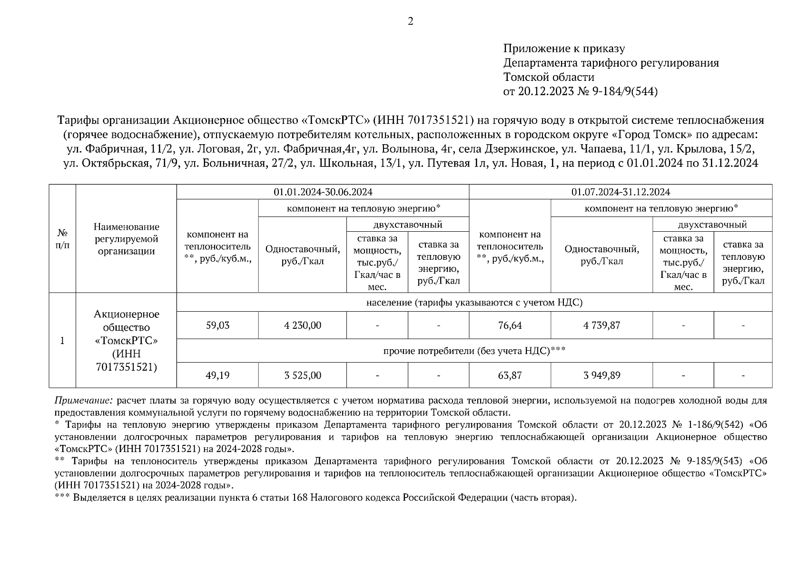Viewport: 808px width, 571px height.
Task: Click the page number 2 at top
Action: point(410,21)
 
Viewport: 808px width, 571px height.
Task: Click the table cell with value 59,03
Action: point(217,325)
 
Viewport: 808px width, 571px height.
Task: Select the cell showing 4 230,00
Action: point(303,325)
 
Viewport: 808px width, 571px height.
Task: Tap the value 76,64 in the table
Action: point(510,325)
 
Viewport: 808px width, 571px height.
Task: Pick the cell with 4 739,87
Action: point(601,325)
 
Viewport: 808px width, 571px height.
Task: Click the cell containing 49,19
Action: point(217,375)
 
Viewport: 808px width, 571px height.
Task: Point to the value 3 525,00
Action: point(303,375)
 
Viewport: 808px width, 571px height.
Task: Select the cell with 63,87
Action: point(510,375)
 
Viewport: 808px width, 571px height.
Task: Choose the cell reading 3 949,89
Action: point(601,375)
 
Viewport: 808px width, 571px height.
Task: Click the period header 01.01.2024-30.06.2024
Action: point(323,192)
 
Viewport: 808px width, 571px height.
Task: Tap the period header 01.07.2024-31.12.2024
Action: point(621,192)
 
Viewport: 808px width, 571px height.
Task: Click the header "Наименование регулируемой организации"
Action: point(126,239)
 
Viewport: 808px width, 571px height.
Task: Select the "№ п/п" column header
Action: point(62,239)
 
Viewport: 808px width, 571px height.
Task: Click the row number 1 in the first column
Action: point(62,341)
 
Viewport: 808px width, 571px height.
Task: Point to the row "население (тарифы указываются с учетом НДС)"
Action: point(474,303)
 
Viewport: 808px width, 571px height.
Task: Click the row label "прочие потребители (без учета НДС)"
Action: point(474,351)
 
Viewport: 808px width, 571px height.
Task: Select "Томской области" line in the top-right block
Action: point(549,77)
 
